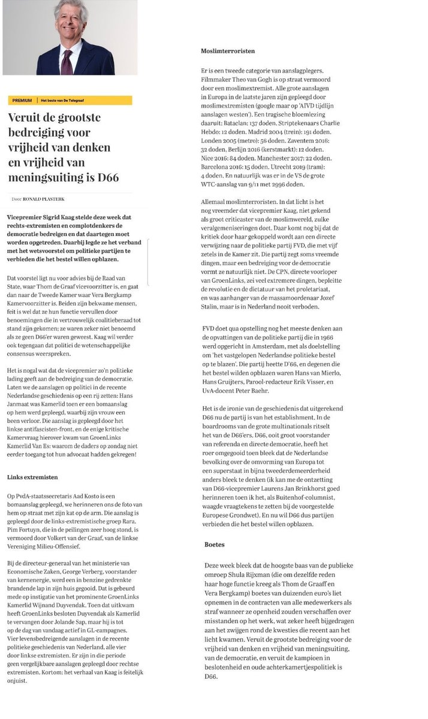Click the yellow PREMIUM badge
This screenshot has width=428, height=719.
coord(22,100)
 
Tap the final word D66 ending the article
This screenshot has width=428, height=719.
coord(210,676)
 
